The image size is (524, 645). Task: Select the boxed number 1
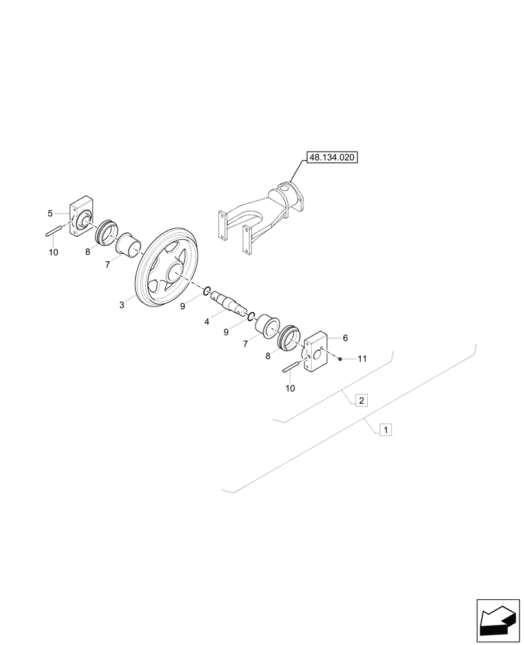(385, 429)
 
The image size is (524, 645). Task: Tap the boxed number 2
(361, 401)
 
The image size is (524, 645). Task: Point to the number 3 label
(122, 304)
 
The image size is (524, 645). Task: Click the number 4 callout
(207, 321)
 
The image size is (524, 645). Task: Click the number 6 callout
(345, 338)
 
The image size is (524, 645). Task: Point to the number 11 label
(362, 359)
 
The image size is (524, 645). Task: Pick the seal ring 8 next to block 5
(105, 232)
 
